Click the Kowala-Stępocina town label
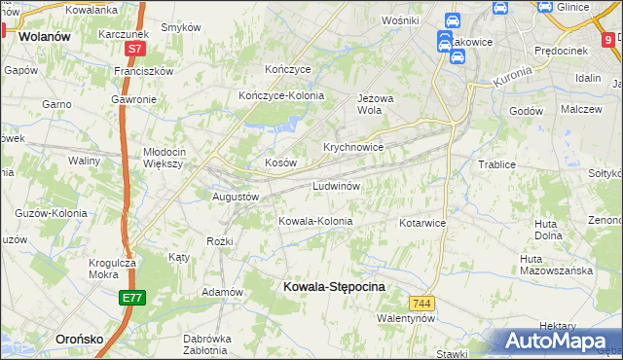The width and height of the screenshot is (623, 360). (334, 287)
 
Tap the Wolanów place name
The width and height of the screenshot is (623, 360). (41, 37)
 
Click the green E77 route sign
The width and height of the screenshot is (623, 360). (133, 298)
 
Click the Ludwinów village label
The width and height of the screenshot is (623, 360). (337, 185)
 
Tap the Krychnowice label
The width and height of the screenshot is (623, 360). (352, 147)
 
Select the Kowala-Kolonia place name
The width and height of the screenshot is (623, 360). (315, 221)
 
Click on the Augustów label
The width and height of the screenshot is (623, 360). (236, 196)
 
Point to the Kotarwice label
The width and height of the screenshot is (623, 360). (421, 223)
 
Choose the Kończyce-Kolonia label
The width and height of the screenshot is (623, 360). (281, 95)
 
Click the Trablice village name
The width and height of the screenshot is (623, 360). (496, 164)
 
